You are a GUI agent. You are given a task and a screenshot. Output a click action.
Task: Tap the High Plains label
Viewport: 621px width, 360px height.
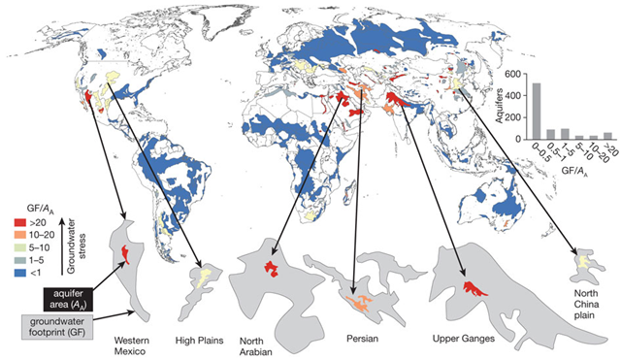point(201,341)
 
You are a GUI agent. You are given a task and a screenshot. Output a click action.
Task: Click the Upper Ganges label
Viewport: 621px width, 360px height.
point(464,339)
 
